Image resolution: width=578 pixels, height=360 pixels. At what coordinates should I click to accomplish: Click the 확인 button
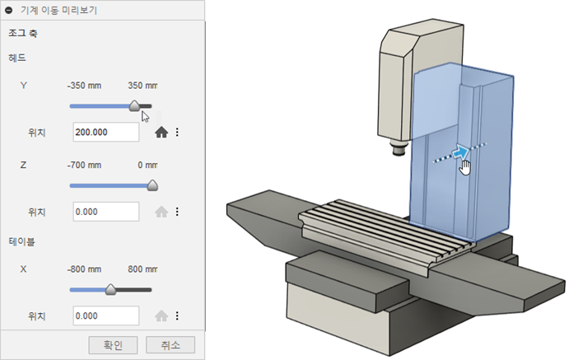point(113,345)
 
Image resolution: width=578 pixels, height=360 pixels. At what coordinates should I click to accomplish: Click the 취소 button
point(170,345)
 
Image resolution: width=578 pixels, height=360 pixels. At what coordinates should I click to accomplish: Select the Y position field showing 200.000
point(106,132)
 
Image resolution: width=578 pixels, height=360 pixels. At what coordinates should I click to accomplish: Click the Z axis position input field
point(106,212)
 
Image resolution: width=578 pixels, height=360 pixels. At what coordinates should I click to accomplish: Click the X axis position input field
point(106,316)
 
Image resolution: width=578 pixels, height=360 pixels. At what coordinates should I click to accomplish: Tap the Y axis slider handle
point(134,105)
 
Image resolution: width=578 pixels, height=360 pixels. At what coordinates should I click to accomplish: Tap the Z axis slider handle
point(152,185)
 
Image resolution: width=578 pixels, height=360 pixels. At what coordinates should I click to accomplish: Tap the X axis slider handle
point(110,289)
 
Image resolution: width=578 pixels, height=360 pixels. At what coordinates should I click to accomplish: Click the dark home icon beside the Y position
point(161,132)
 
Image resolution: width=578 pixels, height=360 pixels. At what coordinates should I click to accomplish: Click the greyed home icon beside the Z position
point(161,212)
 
